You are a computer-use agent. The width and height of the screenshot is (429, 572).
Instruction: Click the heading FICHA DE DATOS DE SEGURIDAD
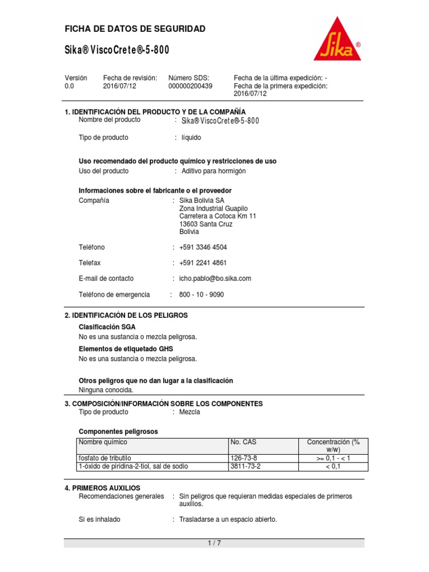(x=135, y=28)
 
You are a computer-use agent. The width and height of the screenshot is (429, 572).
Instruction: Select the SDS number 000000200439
(x=190, y=87)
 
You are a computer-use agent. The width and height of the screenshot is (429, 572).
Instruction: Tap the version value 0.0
(x=69, y=87)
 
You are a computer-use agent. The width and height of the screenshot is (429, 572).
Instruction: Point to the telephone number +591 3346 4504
(x=203, y=247)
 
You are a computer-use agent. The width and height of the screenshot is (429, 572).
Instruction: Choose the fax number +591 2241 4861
(x=203, y=263)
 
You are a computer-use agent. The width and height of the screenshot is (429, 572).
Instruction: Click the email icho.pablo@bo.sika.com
(x=216, y=278)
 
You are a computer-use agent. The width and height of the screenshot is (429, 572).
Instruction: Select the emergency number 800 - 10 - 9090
(x=202, y=294)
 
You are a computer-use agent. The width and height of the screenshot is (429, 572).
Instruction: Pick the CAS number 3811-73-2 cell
(x=245, y=466)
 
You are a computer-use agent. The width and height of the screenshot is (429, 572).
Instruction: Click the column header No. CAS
(x=244, y=442)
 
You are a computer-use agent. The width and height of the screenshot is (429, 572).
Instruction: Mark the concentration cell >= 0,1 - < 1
(x=333, y=458)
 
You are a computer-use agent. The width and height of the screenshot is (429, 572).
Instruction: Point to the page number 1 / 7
(x=214, y=543)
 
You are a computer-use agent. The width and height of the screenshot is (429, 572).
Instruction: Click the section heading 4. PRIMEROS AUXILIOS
(x=103, y=488)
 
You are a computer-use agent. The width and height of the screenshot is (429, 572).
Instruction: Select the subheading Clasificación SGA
(x=107, y=327)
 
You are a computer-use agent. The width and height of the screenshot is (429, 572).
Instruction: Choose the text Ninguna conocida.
(x=106, y=390)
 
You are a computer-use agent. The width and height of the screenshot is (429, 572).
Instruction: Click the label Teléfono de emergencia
(x=115, y=294)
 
